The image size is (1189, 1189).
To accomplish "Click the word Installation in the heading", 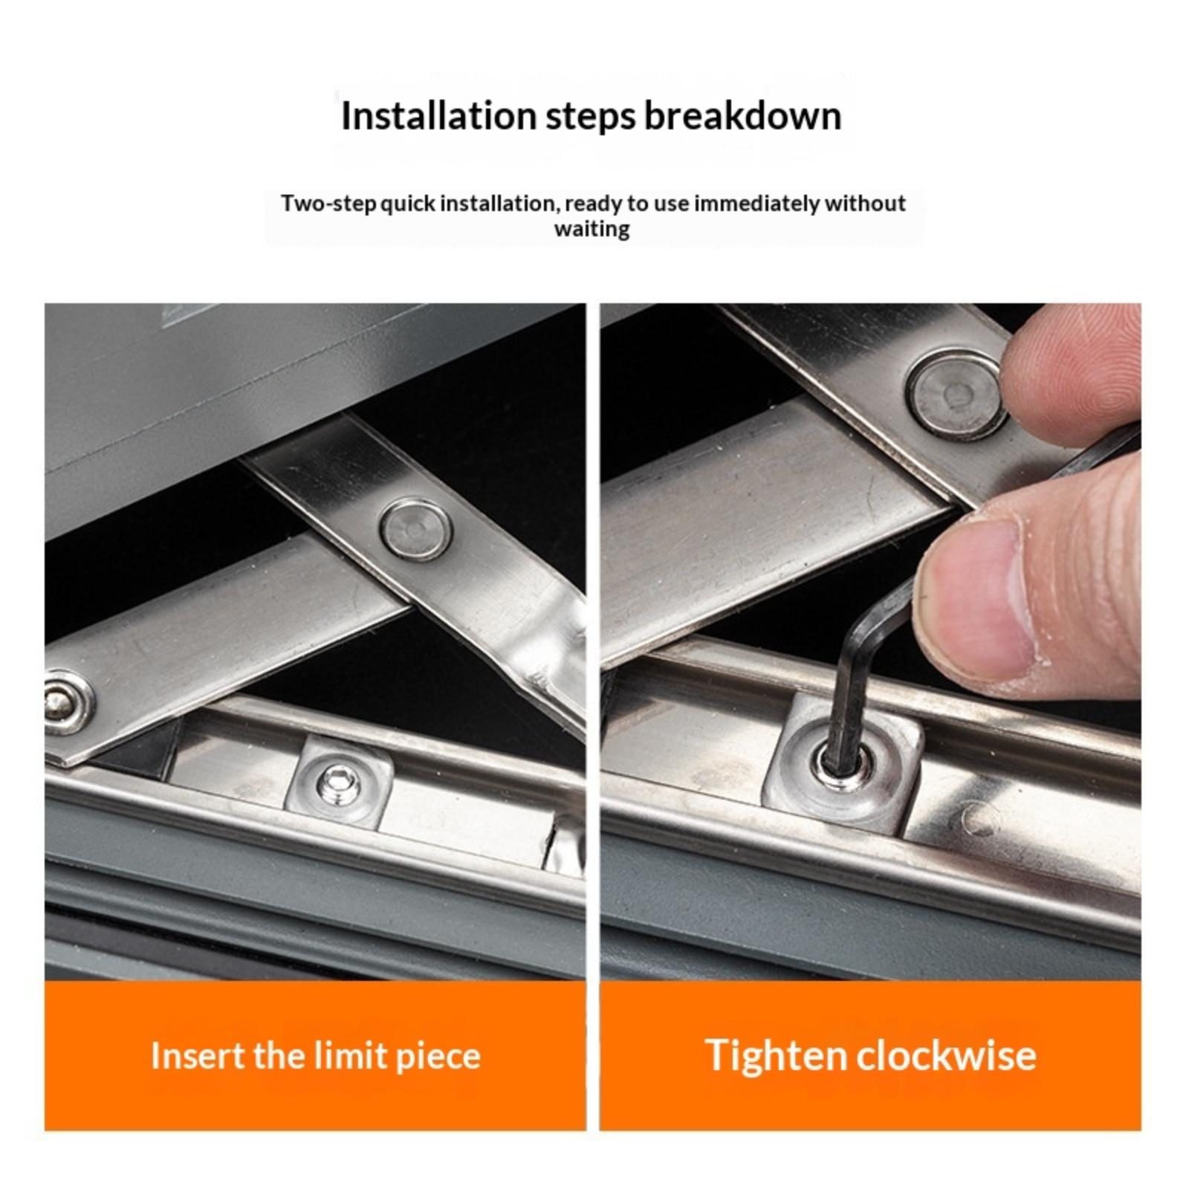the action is coord(438,116).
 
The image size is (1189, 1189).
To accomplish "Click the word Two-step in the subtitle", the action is coord(329,204).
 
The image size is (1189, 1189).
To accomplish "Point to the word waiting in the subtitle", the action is coord(592,229).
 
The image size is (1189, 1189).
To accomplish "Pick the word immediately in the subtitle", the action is coord(757,204).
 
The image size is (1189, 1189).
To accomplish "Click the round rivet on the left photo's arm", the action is coord(416,529).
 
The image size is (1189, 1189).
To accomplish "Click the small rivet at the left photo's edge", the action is coord(65,702).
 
